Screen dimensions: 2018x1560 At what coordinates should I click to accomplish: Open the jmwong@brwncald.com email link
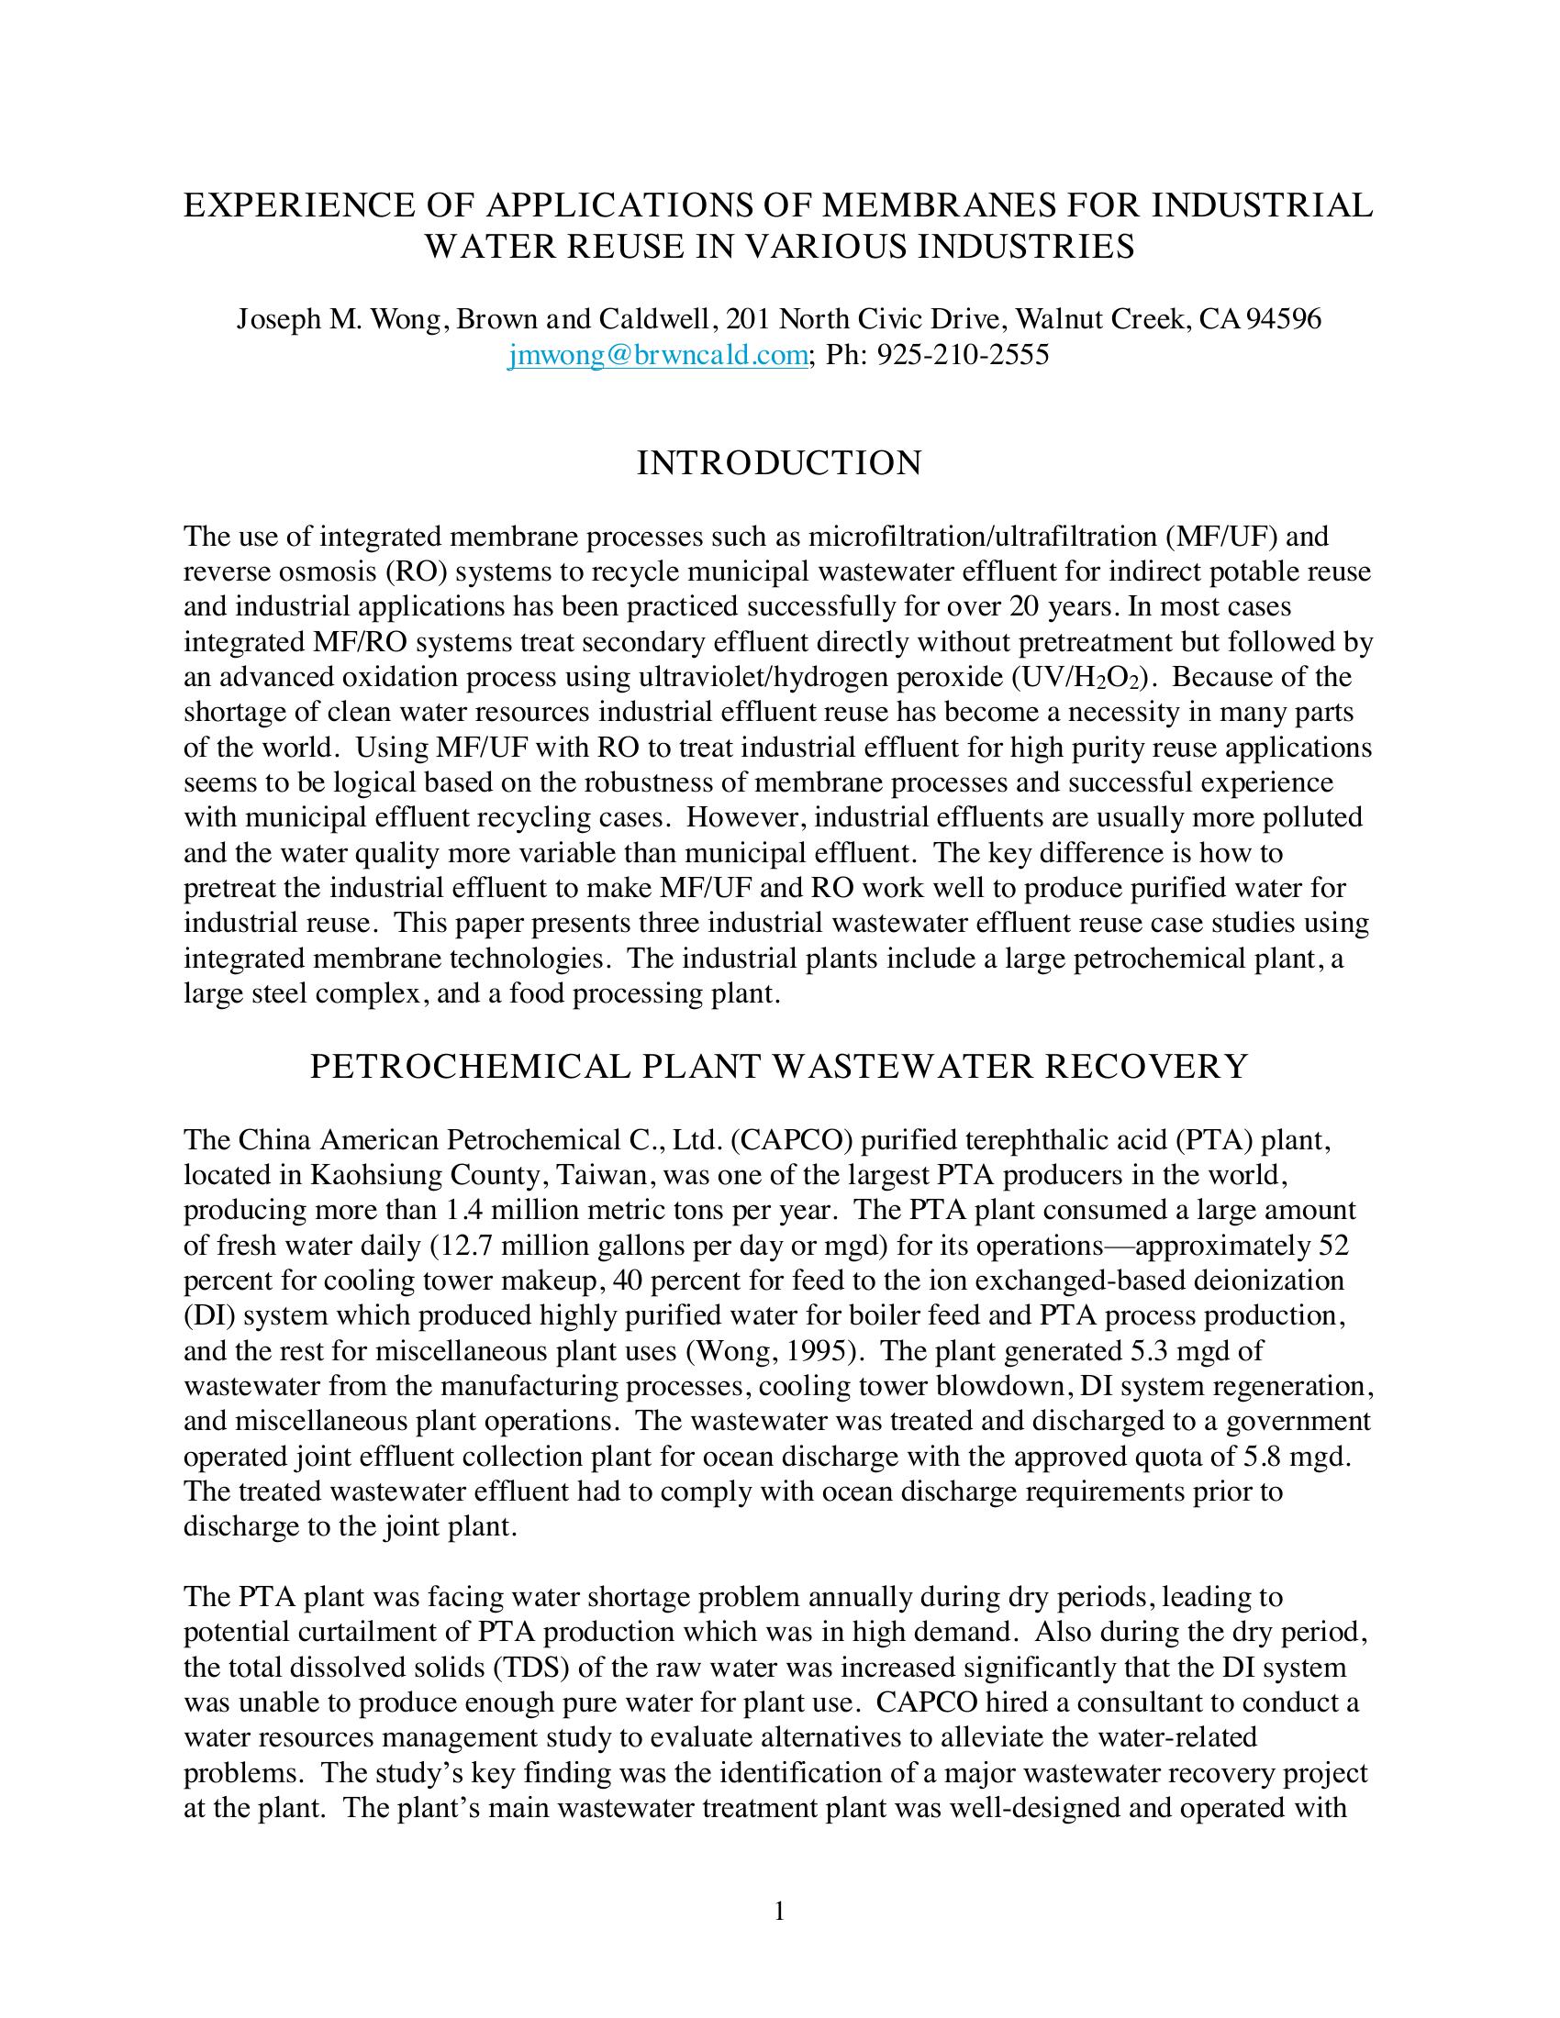(658, 355)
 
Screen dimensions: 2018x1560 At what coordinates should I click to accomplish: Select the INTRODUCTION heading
(779, 463)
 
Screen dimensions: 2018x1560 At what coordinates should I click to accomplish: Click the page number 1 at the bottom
(779, 1911)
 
